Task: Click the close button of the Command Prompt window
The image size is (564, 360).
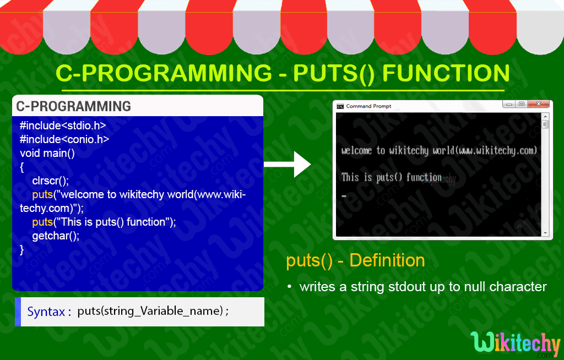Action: point(539,104)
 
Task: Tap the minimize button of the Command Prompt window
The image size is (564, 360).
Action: point(509,104)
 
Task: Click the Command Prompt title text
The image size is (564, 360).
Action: point(368,106)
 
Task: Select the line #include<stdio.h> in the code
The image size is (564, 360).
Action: point(62,126)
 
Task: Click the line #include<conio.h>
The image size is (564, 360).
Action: point(64,139)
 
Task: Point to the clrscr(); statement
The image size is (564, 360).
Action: point(51,181)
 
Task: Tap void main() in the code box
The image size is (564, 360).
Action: point(47,153)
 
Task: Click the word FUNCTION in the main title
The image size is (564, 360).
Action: point(446,74)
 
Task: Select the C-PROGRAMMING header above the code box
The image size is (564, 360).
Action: point(73,106)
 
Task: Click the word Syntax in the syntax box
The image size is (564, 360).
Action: point(46,312)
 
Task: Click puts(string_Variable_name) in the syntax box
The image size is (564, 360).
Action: point(150,311)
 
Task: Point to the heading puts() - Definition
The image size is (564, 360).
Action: point(355,260)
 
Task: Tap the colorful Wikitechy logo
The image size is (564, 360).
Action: point(516,343)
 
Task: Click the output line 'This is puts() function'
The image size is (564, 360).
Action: point(391,177)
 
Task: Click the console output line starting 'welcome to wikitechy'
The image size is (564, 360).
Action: point(438,150)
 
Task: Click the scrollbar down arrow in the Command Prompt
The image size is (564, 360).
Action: point(545,233)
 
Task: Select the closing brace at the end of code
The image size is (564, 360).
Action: point(22,249)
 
